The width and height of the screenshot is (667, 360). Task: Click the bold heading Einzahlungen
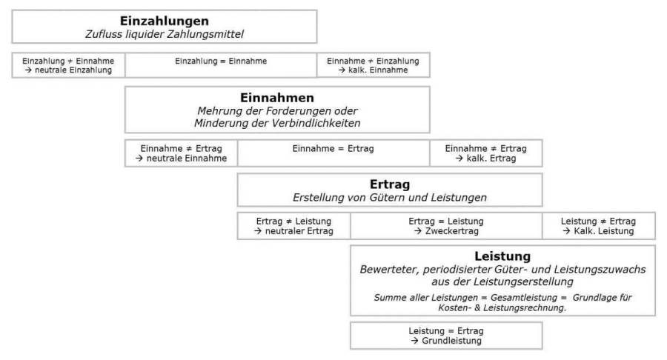pyautogui.click(x=165, y=21)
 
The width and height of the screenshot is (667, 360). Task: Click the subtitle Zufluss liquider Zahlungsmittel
pyautogui.click(x=165, y=34)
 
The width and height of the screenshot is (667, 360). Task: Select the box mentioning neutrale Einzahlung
pyautogui.click(x=68, y=65)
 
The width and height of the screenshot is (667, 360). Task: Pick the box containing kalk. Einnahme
pyautogui.click(x=373, y=65)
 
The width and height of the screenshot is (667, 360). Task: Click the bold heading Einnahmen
pyautogui.click(x=277, y=98)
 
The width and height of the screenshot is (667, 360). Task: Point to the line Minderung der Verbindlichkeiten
pyautogui.click(x=277, y=123)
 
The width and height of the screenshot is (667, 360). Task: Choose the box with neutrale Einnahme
pyautogui.click(x=181, y=153)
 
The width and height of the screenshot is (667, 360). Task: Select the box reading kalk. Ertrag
pyautogui.click(x=485, y=153)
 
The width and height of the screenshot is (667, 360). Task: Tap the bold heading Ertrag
pyautogui.click(x=390, y=184)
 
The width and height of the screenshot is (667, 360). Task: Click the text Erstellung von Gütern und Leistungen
pyautogui.click(x=390, y=198)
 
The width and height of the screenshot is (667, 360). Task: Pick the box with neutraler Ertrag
pyautogui.click(x=293, y=226)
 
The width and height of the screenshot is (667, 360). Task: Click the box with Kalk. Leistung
pyautogui.click(x=598, y=226)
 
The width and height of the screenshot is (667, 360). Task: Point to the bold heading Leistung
pyautogui.click(x=502, y=256)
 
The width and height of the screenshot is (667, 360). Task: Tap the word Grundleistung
pyautogui.click(x=451, y=341)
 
